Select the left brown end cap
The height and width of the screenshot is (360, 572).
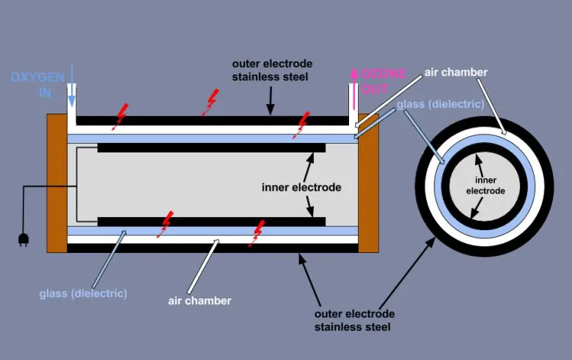pyautogui.click(x=56, y=183)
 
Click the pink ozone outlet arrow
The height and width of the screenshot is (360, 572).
pyautogui.click(x=353, y=83)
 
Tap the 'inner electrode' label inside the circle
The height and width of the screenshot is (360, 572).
pyautogui.click(x=485, y=185)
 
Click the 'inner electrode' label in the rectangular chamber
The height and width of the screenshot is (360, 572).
pyautogui.click(x=301, y=187)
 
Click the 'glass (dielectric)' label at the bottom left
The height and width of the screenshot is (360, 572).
pyautogui.click(x=83, y=293)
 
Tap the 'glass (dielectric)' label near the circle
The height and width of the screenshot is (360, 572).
pyautogui.click(x=440, y=104)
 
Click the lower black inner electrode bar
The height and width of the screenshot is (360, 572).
pyautogui.click(x=211, y=221)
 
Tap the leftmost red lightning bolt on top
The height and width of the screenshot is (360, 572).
pyautogui.click(x=120, y=116)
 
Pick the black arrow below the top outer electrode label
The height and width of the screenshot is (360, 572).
pyautogui.click(x=270, y=100)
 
